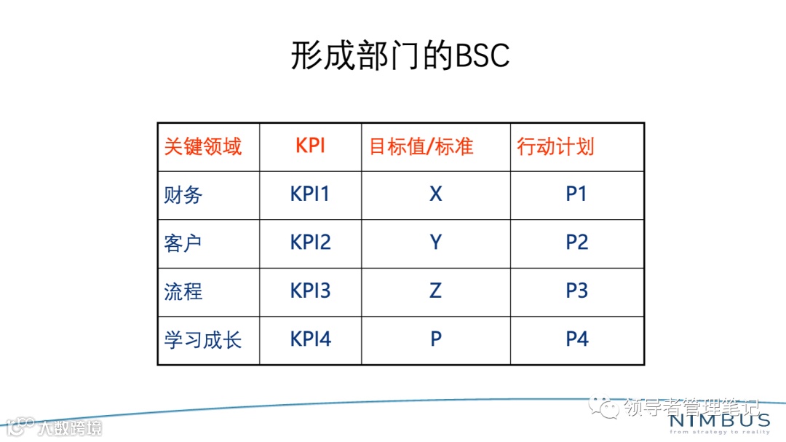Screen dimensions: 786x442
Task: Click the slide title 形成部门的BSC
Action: (x=400, y=55)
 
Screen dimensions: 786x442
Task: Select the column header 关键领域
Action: (x=202, y=146)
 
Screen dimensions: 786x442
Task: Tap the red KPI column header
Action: (x=310, y=145)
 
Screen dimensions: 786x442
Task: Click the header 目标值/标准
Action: (x=421, y=146)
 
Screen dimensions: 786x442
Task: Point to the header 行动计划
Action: (x=555, y=146)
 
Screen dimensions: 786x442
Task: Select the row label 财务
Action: (x=183, y=194)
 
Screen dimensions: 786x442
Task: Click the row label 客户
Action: (x=183, y=242)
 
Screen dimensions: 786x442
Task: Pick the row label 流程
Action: (x=183, y=291)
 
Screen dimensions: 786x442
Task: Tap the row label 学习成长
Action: (x=202, y=339)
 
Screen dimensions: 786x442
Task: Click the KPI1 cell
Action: (x=310, y=194)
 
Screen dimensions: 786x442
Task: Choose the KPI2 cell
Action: (x=310, y=242)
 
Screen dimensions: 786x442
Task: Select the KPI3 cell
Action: (x=310, y=291)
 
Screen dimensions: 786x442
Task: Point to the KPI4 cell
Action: (x=310, y=339)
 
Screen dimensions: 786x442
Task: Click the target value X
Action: (x=435, y=194)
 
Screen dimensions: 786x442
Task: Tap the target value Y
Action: (x=435, y=242)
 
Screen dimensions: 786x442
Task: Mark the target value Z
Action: (x=435, y=291)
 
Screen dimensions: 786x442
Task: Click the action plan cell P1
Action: (x=576, y=194)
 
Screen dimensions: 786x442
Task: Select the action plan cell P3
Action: (x=576, y=291)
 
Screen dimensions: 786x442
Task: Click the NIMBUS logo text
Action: (x=718, y=421)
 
